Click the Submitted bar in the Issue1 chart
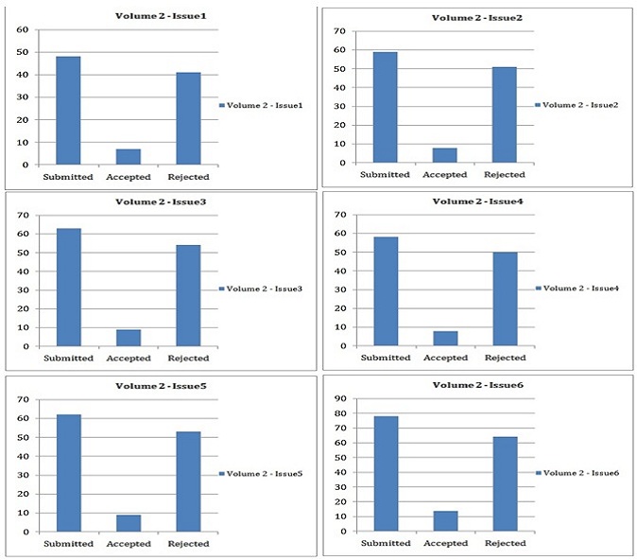coord(67,110)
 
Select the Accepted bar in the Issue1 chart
coord(129,156)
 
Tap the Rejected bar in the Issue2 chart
coord(505,114)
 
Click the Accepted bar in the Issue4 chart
coord(445,338)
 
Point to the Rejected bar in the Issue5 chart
coord(189,481)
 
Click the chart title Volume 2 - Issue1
coord(156,16)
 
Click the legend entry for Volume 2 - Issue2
coord(577,104)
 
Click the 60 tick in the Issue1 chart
coord(20,29)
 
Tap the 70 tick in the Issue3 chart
coord(20,215)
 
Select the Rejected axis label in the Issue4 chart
coord(505,359)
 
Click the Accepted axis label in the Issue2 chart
coord(445,174)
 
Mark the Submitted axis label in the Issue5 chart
coord(68,544)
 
